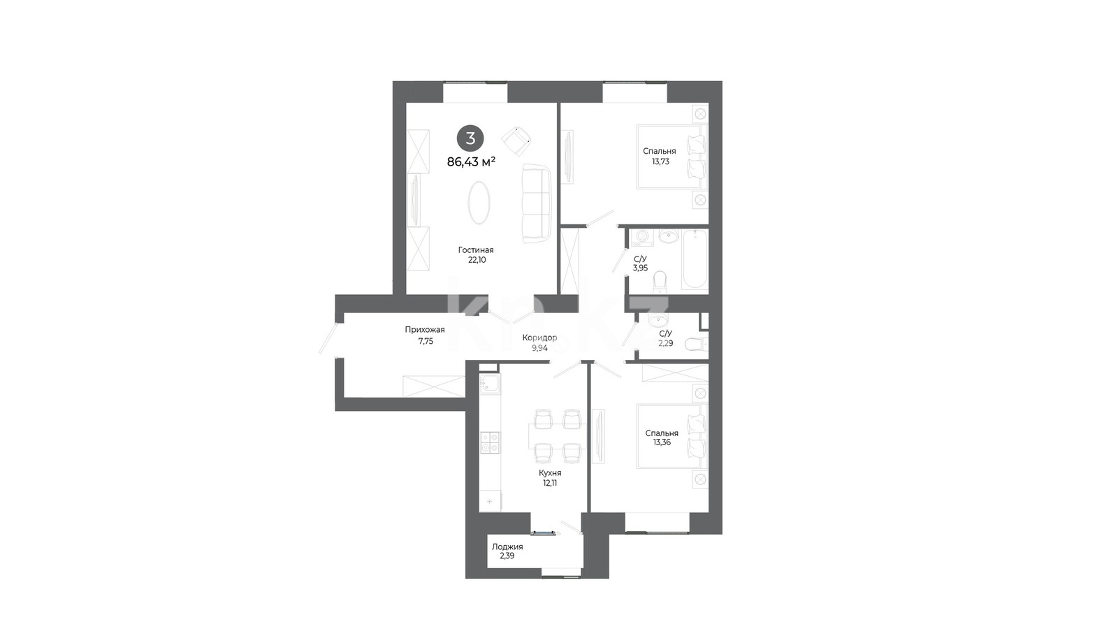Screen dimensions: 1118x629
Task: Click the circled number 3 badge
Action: tap(470, 138)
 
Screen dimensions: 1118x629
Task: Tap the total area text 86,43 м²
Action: tap(471, 161)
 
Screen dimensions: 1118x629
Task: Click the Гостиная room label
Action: tap(476, 250)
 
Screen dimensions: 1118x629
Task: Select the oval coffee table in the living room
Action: tap(479, 202)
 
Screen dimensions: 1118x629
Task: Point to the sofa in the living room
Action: tap(537, 204)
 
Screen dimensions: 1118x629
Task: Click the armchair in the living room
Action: tap(516, 140)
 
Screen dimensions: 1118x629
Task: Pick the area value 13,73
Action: tap(660, 161)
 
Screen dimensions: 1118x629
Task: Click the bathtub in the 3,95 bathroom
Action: tap(695, 259)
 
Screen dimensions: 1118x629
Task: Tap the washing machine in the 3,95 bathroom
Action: tap(642, 238)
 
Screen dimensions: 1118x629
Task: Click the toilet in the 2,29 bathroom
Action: tap(696, 344)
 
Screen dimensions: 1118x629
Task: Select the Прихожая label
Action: tap(425, 329)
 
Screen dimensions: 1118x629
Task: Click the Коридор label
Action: tap(539, 338)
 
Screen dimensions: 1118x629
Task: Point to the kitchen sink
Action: tap(490, 384)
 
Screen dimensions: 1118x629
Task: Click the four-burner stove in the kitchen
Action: tap(490, 443)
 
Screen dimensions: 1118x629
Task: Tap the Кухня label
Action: tap(550, 472)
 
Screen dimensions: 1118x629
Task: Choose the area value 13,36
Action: tap(662, 442)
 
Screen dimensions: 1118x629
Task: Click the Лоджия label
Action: tap(507, 547)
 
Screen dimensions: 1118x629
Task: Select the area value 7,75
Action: tap(426, 341)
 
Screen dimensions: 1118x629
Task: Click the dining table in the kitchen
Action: tap(558, 436)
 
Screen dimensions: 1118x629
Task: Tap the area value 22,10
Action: tap(477, 260)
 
